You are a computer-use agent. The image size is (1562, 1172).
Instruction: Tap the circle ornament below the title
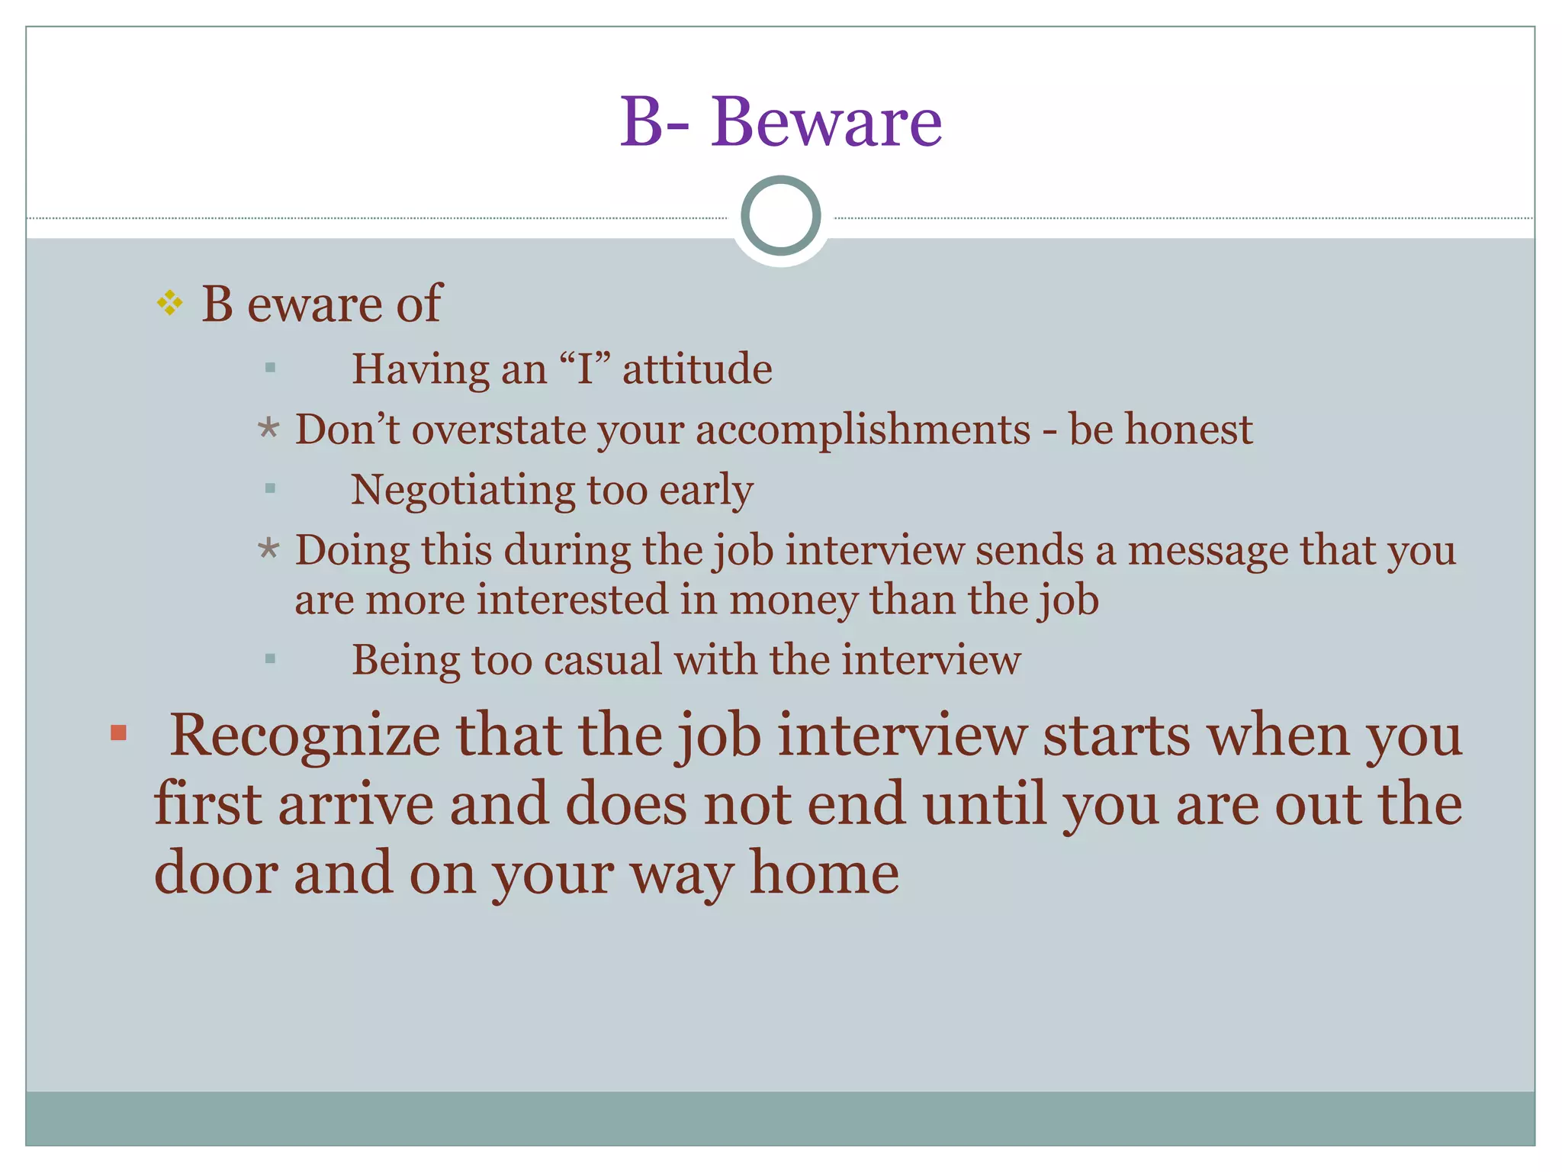point(780,216)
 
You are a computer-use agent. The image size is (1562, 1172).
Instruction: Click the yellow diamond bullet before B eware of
point(169,303)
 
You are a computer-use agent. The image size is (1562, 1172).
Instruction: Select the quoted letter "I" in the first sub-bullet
point(586,369)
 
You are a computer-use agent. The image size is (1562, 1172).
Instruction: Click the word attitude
point(697,369)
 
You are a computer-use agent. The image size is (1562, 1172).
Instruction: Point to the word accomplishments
point(863,430)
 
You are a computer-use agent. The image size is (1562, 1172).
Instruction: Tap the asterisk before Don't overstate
point(268,428)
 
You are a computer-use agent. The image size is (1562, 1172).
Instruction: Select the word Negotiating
point(462,490)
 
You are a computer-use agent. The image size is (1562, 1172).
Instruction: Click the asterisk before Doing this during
point(268,548)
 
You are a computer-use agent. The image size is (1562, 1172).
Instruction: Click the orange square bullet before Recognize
point(118,733)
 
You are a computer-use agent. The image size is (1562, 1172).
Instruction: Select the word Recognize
point(304,736)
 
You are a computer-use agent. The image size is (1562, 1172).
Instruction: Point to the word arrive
point(356,804)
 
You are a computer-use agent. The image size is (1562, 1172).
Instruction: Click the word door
point(216,873)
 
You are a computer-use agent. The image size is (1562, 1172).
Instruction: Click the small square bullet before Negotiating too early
point(270,488)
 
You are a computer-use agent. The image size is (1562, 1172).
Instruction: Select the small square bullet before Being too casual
point(270,658)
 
